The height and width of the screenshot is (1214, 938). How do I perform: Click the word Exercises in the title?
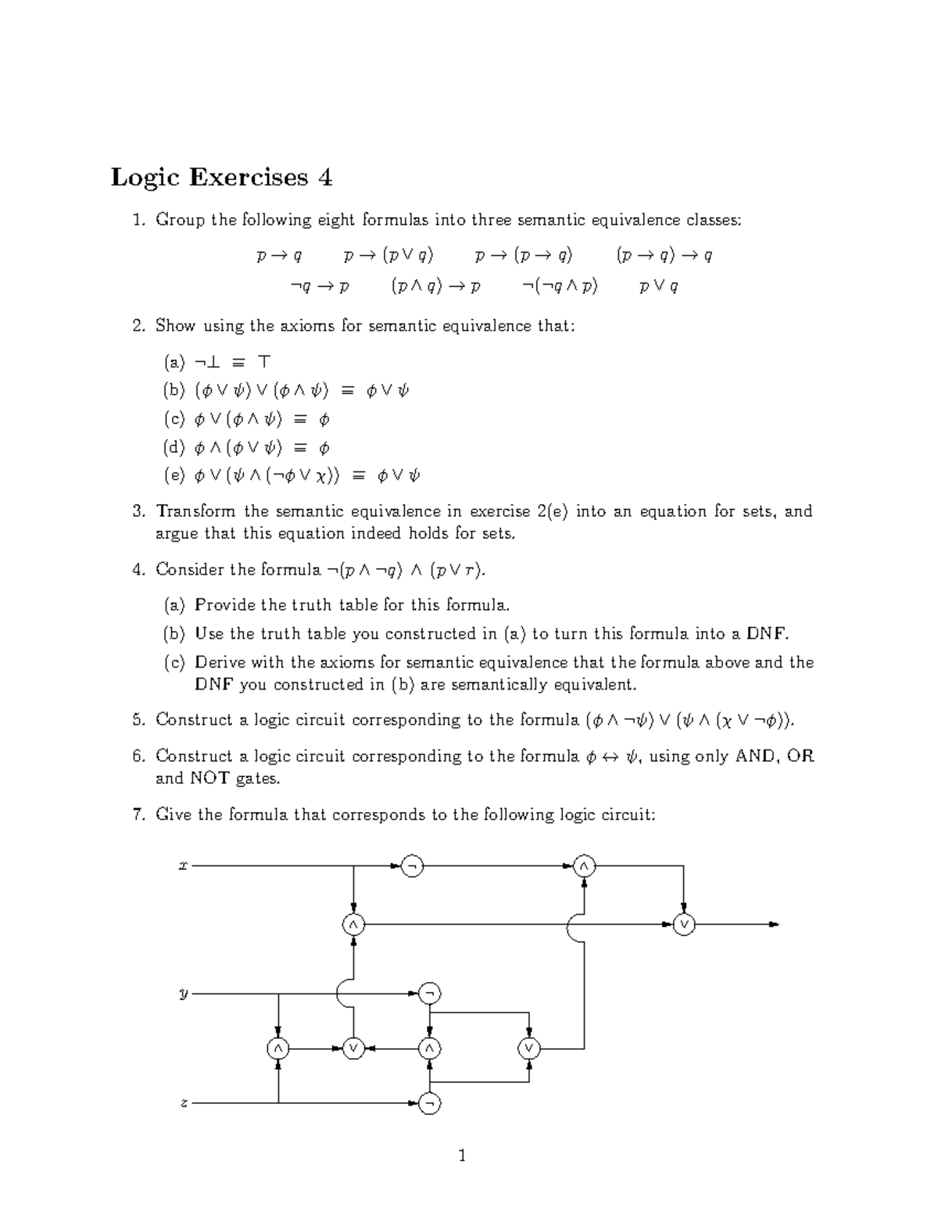tap(248, 178)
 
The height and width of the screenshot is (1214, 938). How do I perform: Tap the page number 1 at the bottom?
tap(463, 1155)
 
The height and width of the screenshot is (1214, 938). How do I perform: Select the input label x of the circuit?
tap(183, 865)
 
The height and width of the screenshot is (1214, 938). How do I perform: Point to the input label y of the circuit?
tap(183, 994)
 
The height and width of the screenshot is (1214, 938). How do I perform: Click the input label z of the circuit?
tap(183, 1103)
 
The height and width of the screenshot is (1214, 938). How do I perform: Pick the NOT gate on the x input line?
tap(412, 866)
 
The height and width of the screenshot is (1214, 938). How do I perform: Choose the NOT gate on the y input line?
tap(429, 994)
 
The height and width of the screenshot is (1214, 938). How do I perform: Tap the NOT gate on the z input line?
tap(429, 1103)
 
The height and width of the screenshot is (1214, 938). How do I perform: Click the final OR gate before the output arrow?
tap(684, 925)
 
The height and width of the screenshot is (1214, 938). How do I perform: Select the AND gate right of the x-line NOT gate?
tap(584, 866)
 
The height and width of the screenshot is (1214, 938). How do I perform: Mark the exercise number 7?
tap(138, 815)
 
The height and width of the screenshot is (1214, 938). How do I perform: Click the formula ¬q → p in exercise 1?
tap(319, 286)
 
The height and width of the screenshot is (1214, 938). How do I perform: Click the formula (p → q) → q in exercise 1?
tap(664, 255)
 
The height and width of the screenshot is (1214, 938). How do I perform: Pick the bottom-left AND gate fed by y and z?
tap(277, 1048)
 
